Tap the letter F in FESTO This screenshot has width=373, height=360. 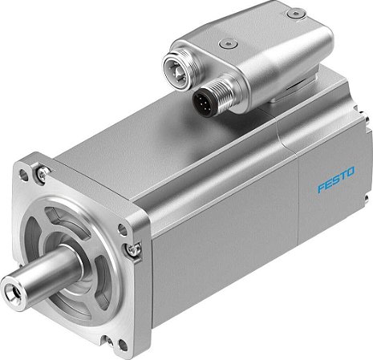tap(319, 192)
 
